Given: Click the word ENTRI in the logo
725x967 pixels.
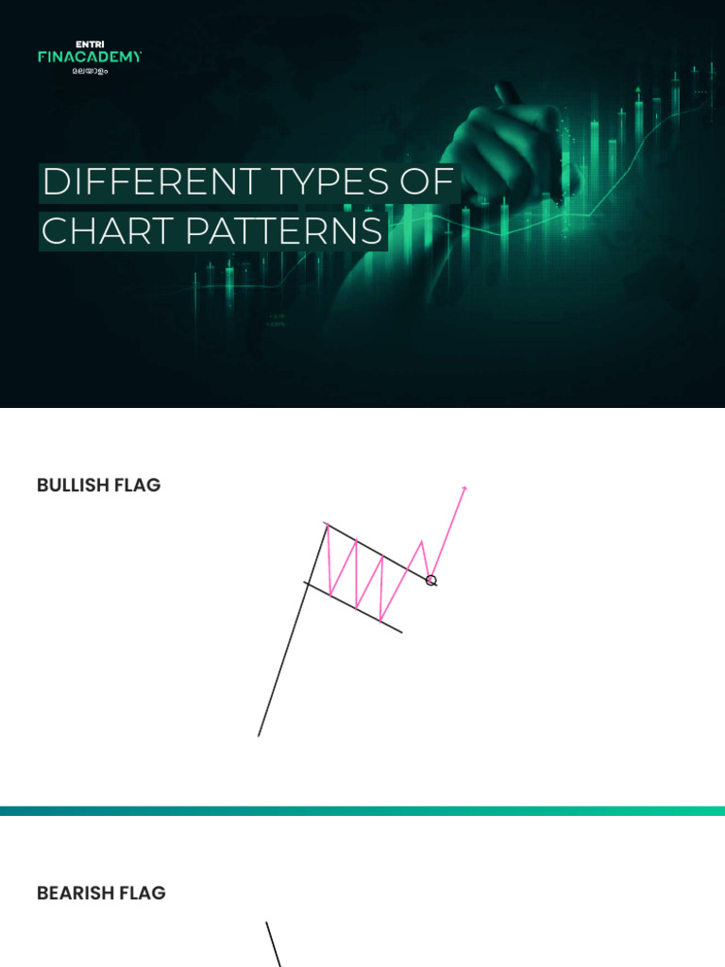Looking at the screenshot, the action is [x=90, y=44].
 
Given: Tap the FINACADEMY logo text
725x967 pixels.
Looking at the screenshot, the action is [x=90, y=57].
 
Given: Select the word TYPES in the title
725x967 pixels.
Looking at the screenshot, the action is [x=329, y=182].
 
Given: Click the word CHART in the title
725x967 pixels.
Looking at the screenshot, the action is [x=108, y=230].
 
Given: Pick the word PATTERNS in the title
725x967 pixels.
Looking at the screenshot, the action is [x=283, y=230].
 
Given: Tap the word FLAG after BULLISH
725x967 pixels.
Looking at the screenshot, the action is [x=138, y=485].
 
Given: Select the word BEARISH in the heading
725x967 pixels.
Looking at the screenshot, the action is [x=76, y=893].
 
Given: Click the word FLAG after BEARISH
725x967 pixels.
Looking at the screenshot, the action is [x=143, y=893].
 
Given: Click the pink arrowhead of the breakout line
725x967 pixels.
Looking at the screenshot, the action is [x=464, y=489].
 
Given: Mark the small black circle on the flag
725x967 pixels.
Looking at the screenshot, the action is [x=430, y=581].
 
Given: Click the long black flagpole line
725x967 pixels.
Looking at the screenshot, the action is [x=293, y=630].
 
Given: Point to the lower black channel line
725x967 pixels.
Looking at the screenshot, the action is [x=353, y=607].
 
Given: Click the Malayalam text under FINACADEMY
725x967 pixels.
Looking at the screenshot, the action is [x=90, y=71].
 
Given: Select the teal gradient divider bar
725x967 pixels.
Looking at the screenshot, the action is [x=362, y=810].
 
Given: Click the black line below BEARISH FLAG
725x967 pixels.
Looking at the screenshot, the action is [x=274, y=944].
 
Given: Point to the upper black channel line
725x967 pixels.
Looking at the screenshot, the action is [x=381, y=553].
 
